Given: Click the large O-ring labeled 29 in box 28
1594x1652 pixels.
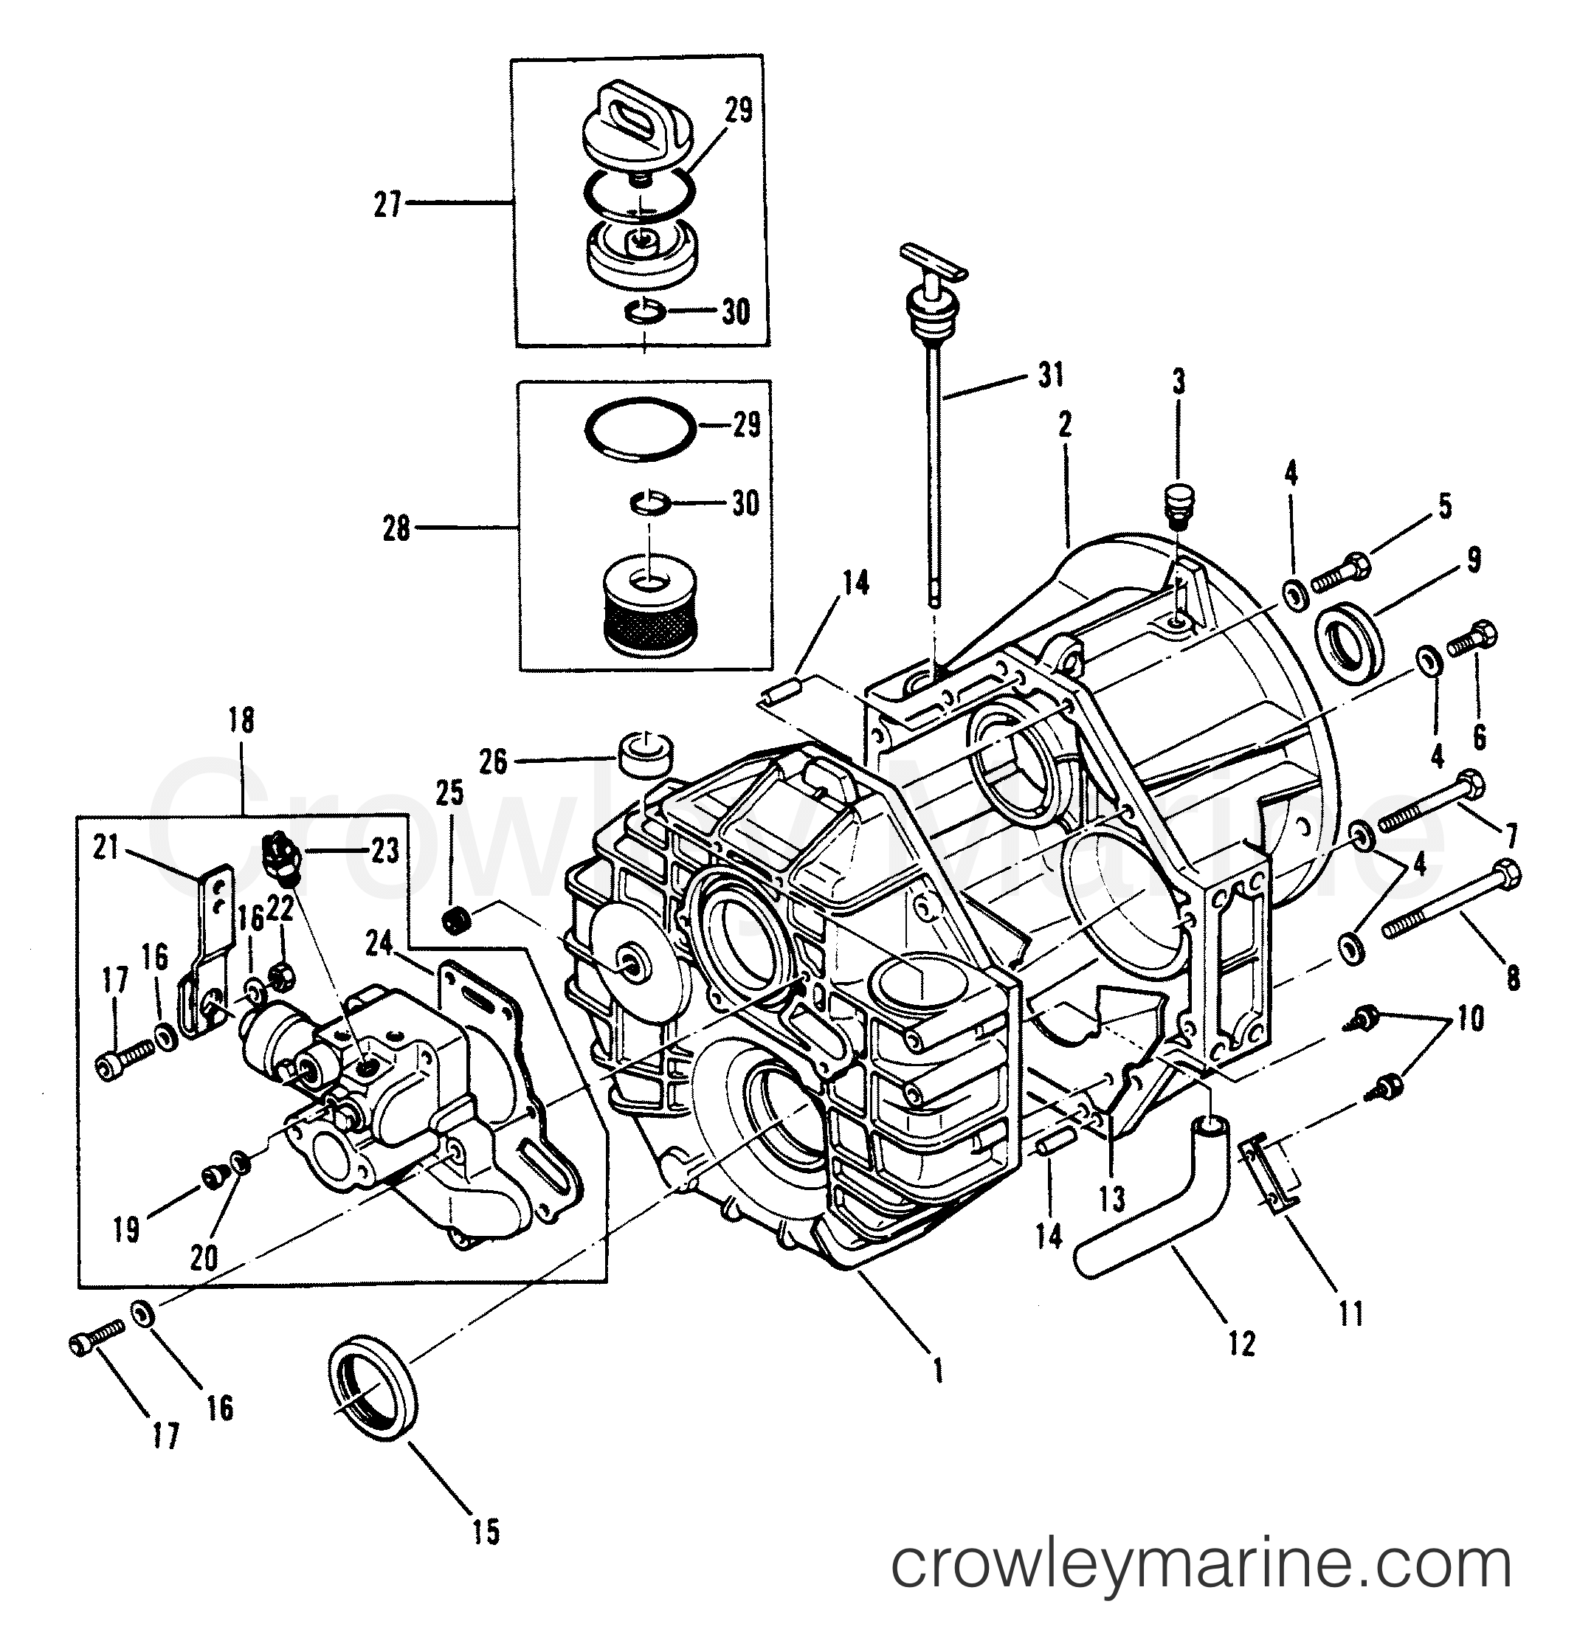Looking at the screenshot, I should coord(640,426).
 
